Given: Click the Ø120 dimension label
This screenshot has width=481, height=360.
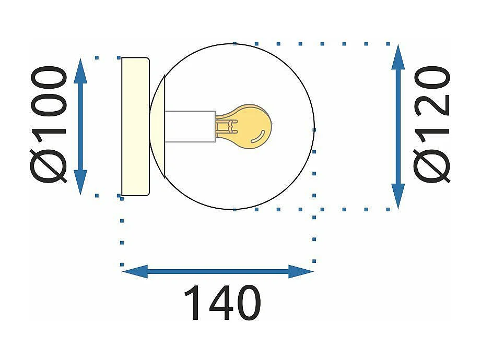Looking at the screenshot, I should tap(431, 124).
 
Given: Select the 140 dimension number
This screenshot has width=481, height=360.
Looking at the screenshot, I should tap(222, 303).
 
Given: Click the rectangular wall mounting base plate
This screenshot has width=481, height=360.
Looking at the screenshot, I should tap(135, 126).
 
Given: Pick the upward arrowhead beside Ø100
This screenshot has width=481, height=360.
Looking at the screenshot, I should tap(80, 70).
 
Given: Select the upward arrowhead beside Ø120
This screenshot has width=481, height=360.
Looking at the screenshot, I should tap(398, 57).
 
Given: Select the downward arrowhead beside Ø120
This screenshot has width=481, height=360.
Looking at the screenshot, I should tap(398, 196).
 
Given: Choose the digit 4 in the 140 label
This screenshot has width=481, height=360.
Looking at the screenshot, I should tap(222, 303).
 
